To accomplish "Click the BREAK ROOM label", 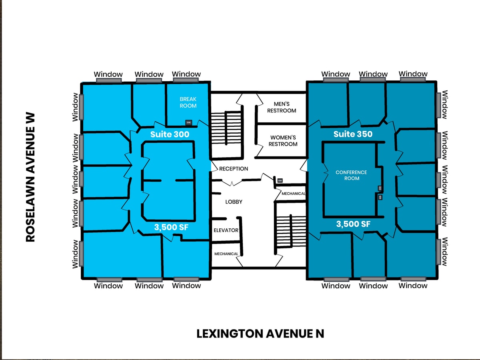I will click(x=188, y=102).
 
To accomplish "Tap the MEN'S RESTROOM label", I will click(x=282, y=107).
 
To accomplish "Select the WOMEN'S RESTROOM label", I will click(x=283, y=141).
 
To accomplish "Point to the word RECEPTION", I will click(x=234, y=169).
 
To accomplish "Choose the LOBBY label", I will click(x=234, y=202).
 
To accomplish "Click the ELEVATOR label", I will click(x=226, y=230).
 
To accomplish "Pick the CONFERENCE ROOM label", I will click(x=351, y=175).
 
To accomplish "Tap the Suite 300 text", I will click(x=170, y=134).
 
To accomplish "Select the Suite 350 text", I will click(x=353, y=134).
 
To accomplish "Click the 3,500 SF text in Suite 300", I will click(x=171, y=227).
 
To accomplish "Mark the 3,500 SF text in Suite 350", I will click(x=353, y=224).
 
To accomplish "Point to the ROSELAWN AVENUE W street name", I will click(x=31, y=177).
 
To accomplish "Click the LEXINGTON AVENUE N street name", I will click(x=260, y=334).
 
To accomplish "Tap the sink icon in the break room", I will click(x=188, y=122).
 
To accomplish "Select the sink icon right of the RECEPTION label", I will click(x=280, y=181).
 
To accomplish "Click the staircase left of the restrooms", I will click(x=226, y=129).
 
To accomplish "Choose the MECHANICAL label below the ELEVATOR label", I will click(x=226, y=254).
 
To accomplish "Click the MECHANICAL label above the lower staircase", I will click(x=293, y=194).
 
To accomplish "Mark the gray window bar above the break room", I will click(x=186, y=80).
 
